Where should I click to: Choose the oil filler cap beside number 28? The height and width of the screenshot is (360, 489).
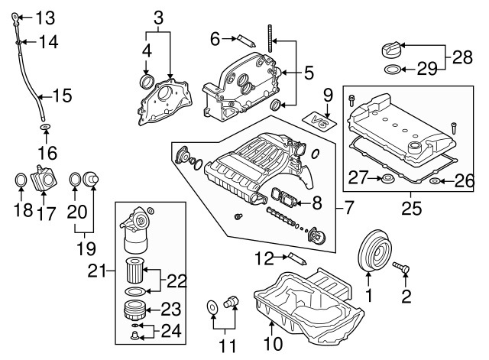click(x=389, y=51)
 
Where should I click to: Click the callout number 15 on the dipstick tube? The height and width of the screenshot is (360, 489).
click(x=61, y=96)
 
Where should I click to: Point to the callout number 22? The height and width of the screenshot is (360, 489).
click(x=176, y=281)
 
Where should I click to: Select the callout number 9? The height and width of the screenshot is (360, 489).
click(x=327, y=96)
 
